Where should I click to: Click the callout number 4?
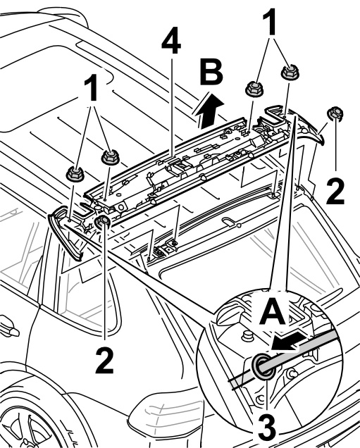pos(171,40)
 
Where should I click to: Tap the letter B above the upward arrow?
pos(211,72)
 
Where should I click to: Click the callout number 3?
pos(267,430)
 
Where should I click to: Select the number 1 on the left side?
pos(92,87)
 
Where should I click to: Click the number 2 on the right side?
pos(335,191)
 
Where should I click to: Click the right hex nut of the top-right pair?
pos(290,73)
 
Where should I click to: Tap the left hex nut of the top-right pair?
pos(254,89)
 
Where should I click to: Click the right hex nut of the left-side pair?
pos(111,157)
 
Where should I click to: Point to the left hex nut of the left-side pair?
pos(75,174)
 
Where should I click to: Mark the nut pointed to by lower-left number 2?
pos(103,222)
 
